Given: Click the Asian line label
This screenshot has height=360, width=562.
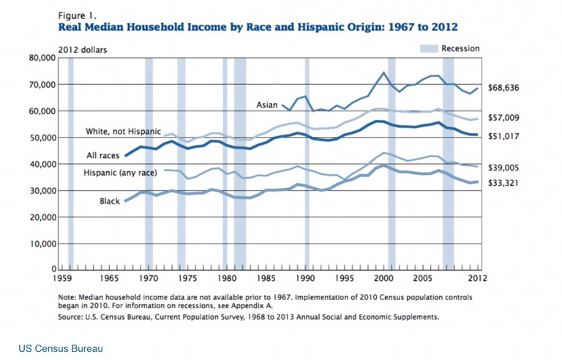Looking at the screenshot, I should click(266, 105).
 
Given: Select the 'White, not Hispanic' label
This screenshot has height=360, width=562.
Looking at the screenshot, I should click(123, 132).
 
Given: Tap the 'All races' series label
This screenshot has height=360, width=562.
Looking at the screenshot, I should click(102, 156).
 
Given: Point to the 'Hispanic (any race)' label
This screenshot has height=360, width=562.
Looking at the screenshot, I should click(120, 173).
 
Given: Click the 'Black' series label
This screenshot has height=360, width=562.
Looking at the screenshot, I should click(110, 200).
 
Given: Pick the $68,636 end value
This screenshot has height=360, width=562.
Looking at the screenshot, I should click(503, 88).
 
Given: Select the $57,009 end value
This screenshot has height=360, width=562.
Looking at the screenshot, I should click(503, 118).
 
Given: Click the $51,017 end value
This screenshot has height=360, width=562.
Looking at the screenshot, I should click(503, 136).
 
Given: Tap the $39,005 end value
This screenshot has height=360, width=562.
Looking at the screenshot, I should click(503, 167).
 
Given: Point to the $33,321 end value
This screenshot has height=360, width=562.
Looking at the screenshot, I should click(503, 183).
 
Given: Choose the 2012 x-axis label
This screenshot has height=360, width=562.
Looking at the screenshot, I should click(479, 279).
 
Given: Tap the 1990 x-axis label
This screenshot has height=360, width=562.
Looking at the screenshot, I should click(305, 279).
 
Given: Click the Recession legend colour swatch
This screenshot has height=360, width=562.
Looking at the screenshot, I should click(428, 48).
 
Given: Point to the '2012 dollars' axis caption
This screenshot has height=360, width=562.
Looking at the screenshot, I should click(83, 50).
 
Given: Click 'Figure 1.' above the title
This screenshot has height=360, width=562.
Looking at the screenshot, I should click(75, 14).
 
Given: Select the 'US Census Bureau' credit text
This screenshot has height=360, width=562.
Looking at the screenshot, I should click(61, 348).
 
